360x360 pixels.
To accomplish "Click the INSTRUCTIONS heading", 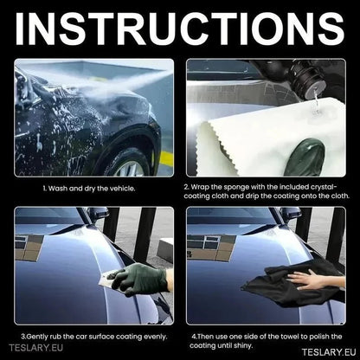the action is [179, 29].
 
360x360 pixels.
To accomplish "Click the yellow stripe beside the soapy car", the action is [166, 159].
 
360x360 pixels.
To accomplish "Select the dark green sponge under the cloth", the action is [305, 157].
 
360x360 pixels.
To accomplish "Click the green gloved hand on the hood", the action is [138, 280].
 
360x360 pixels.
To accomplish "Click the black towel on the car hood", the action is [292, 284].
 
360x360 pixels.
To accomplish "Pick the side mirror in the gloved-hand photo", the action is [98, 214].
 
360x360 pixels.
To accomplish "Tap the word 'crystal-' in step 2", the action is [324, 188].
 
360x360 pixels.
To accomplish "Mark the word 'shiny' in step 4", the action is [244, 345].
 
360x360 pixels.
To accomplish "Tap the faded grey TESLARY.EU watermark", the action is [35, 348].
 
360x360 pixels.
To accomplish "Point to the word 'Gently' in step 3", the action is [37, 337].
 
